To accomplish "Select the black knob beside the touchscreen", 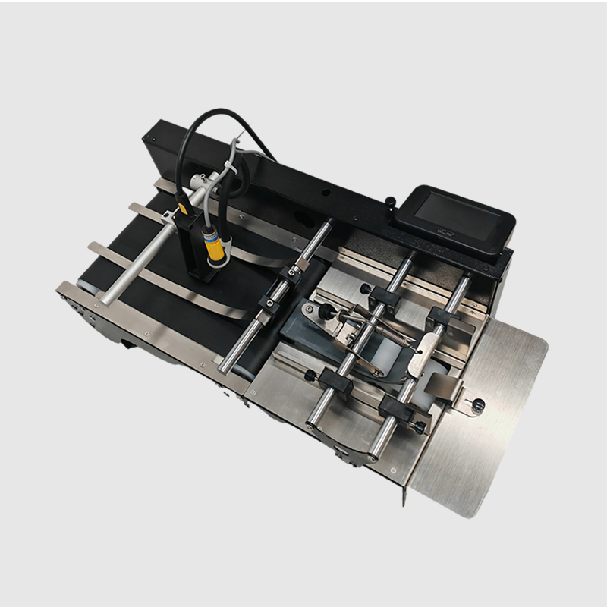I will tap(389, 202).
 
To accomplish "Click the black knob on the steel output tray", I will tap(477, 406).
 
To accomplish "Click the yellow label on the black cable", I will tap(181, 206).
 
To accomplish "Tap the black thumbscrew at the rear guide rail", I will tap(366, 288).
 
